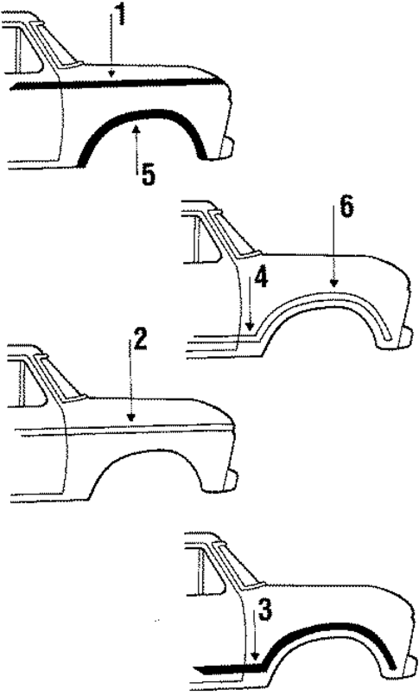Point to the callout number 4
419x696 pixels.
point(261,278)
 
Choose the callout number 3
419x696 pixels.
point(265,611)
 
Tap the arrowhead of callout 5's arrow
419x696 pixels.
point(136,126)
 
